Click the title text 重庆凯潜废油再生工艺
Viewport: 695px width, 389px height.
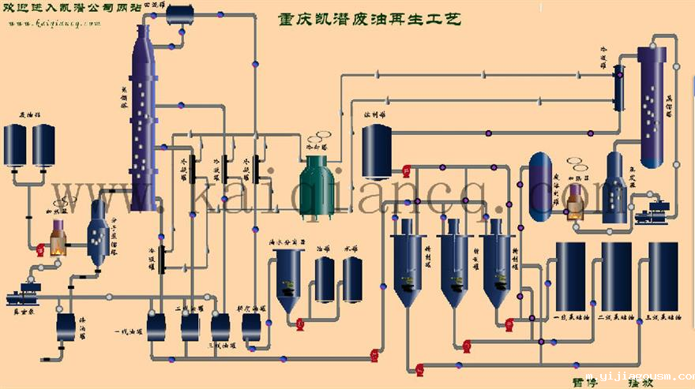tap(370, 18)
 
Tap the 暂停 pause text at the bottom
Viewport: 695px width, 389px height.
tap(586, 382)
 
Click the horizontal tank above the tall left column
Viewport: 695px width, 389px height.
tap(180, 13)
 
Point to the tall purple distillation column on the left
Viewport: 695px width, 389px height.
tap(141, 118)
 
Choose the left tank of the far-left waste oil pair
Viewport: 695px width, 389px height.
tap(16, 145)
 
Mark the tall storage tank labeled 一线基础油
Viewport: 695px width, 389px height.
tap(570, 276)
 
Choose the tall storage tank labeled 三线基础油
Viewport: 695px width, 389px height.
tap(663, 276)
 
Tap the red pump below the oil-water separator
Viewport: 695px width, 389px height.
tap(299, 322)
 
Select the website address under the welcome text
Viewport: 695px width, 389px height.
tap(55, 24)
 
